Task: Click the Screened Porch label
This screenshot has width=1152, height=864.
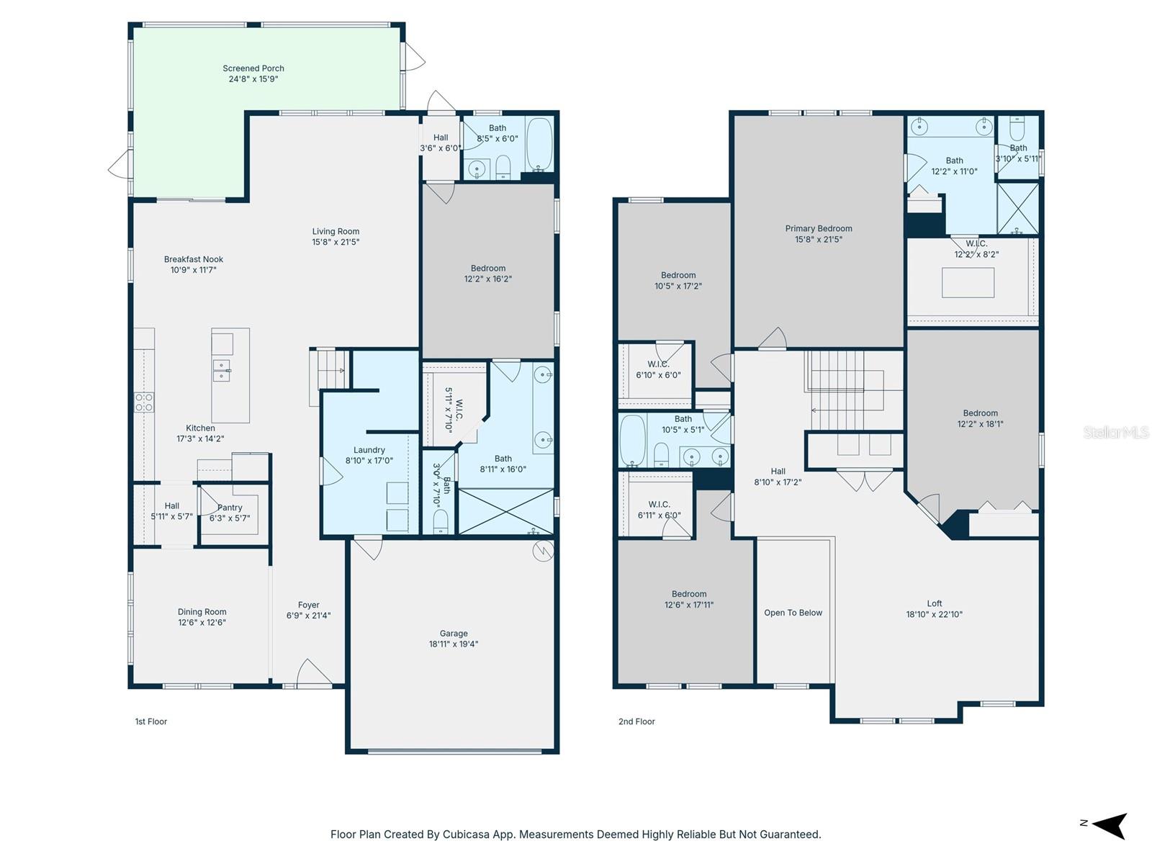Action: pyautogui.click(x=253, y=68)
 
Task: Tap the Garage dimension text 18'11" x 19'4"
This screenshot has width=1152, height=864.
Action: pyautogui.click(x=454, y=644)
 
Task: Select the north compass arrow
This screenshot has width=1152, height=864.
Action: pyautogui.click(x=1110, y=825)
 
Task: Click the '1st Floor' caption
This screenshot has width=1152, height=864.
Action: pyautogui.click(x=151, y=721)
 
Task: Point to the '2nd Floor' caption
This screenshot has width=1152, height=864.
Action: pyautogui.click(x=636, y=721)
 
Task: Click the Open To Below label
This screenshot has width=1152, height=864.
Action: pyautogui.click(x=793, y=613)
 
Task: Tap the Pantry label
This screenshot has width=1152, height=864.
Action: pyautogui.click(x=230, y=508)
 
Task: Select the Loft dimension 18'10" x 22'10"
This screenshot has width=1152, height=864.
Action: pyautogui.click(x=934, y=615)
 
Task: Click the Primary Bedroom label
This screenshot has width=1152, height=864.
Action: pyautogui.click(x=819, y=228)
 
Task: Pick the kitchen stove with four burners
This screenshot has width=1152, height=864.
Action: pyautogui.click(x=144, y=402)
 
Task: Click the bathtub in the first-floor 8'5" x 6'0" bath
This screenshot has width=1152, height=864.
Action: pyautogui.click(x=539, y=144)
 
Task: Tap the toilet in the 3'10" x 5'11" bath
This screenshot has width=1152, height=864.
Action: pyautogui.click(x=1017, y=130)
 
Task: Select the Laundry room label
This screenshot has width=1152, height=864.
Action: pyautogui.click(x=369, y=450)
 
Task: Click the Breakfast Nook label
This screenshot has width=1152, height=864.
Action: pyautogui.click(x=194, y=259)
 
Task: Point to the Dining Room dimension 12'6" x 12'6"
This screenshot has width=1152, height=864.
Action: pyautogui.click(x=202, y=623)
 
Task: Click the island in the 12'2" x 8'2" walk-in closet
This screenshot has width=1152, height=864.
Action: pyautogui.click(x=968, y=282)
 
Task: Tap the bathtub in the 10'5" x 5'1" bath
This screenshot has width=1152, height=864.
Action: pyautogui.click(x=633, y=439)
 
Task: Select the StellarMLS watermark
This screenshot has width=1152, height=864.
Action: pyautogui.click(x=1115, y=432)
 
